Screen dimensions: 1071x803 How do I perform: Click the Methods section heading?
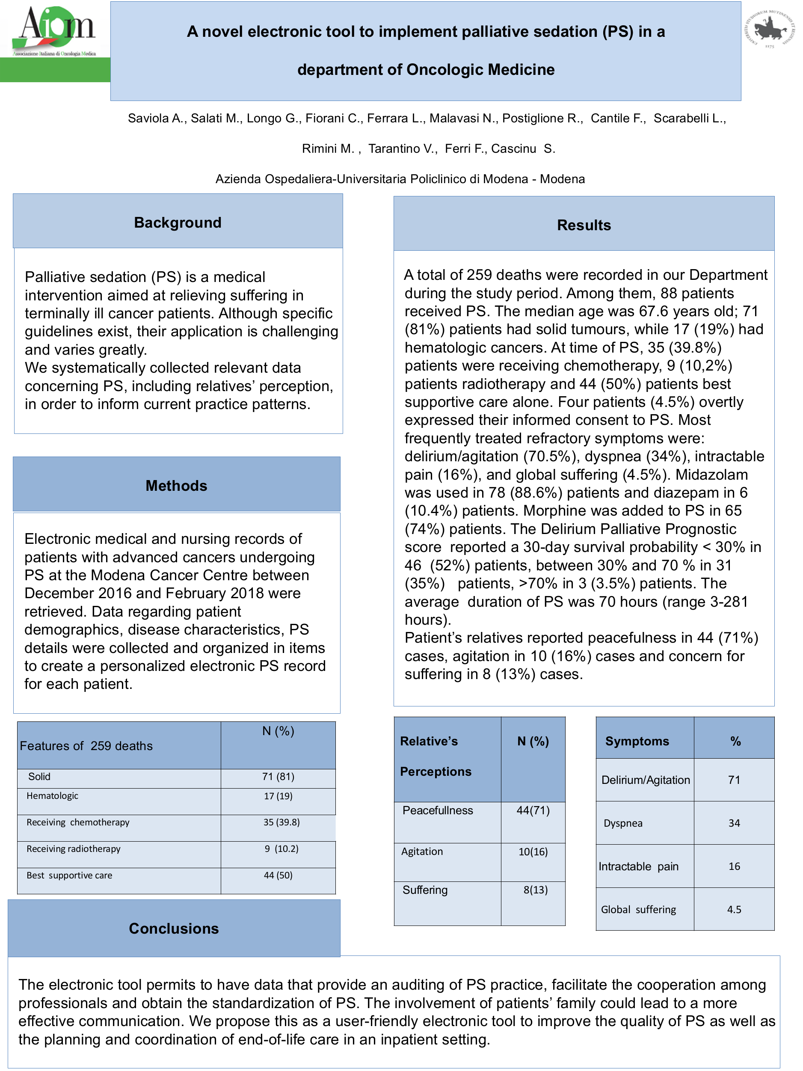pos(176,486)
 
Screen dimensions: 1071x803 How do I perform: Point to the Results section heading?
pos(584,225)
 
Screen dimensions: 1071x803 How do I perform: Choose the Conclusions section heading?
pos(174,928)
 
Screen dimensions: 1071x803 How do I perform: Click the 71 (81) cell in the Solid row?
pos(279,777)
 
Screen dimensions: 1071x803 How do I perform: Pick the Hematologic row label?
pos(52,796)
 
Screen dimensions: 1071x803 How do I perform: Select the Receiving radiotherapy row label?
pos(74,849)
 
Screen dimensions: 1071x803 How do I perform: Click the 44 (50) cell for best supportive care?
pos(279,875)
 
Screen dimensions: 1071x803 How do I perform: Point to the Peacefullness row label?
pos(438,810)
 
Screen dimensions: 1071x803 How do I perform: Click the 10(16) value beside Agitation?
pos(533,851)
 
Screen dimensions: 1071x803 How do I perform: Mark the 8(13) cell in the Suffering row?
pos(535,890)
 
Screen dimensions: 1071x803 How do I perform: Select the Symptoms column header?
pos(637,741)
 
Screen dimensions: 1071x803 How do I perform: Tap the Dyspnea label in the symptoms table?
pos(623,823)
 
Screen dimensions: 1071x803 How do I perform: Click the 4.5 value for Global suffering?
pos(734,909)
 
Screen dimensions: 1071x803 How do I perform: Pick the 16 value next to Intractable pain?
pos(734,866)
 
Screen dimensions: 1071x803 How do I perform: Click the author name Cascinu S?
pos(523,148)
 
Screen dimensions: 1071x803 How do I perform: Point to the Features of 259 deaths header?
pos(86,746)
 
